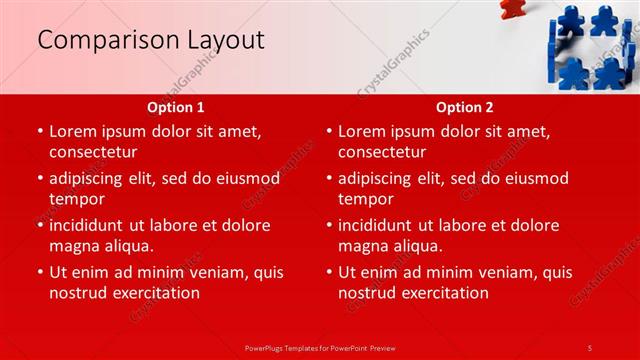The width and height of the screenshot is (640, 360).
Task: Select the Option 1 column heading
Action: [176, 107]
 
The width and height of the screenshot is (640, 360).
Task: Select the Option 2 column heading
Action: [465, 107]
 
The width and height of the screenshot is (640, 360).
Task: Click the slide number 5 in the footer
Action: [590, 347]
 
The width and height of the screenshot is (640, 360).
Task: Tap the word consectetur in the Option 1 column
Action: [93, 152]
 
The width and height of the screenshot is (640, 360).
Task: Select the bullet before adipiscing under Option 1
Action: [39, 178]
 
